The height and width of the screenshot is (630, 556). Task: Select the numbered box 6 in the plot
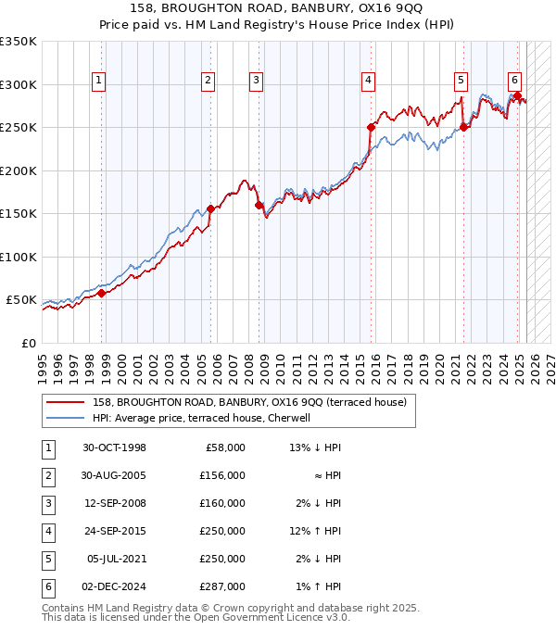[514, 80]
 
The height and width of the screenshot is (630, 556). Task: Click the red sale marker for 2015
[372, 127]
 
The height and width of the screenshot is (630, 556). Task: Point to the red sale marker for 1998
[101, 293]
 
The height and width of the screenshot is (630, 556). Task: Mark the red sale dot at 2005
[210, 208]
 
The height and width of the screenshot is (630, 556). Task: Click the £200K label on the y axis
[18, 170]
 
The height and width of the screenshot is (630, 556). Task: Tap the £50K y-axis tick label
[21, 300]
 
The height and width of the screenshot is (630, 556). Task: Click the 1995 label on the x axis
[43, 362]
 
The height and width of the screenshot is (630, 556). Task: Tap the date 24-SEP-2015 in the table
[114, 531]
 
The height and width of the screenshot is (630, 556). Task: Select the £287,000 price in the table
[223, 586]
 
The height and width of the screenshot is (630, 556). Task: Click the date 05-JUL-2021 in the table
[115, 559]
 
